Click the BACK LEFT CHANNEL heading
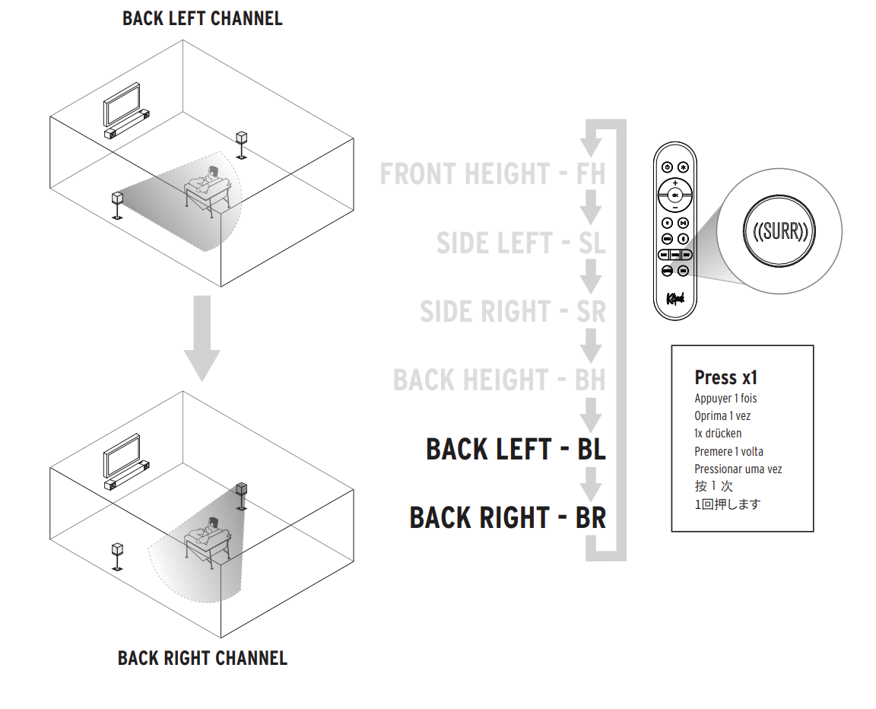202,18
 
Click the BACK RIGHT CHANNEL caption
202,658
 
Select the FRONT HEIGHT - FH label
493,174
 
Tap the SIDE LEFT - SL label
521,243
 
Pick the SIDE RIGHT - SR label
513,312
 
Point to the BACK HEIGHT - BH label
499,380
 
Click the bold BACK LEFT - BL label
516,449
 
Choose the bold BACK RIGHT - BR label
507,517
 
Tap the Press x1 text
725,377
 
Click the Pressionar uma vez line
738,469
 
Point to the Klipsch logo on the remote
675,298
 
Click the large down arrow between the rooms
202,339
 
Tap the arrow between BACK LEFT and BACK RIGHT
591,482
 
